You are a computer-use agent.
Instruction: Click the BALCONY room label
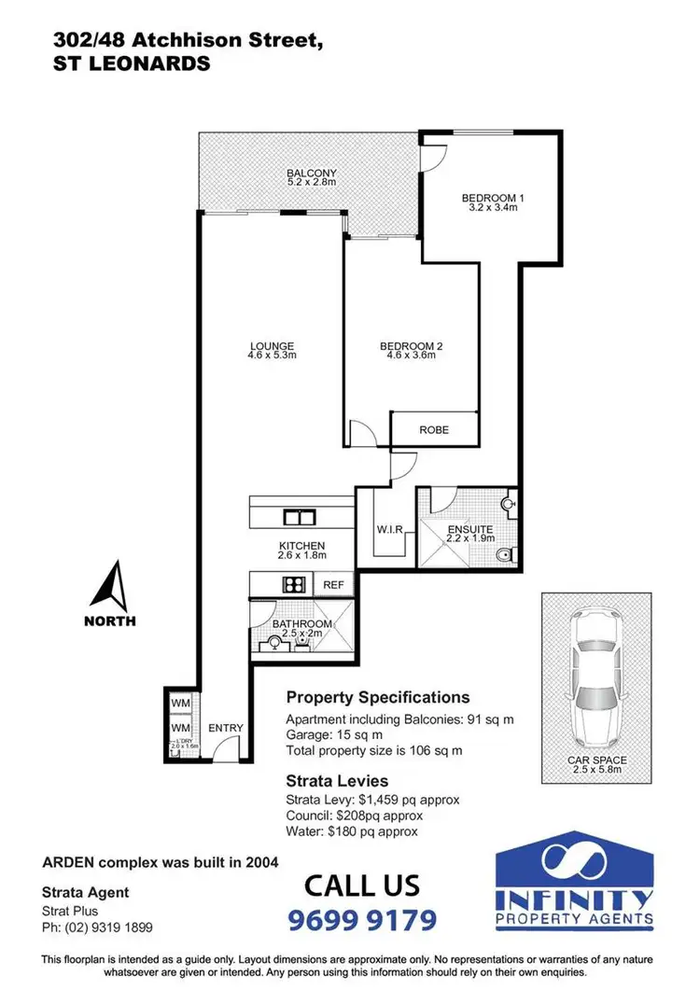pyautogui.click(x=312, y=174)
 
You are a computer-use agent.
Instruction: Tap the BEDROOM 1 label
pyautogui.click(x=494, y=198)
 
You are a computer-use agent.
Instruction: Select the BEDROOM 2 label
pyautogui.click(x=411, y=347)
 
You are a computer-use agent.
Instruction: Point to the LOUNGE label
pyautogui.click(x=272, y=347)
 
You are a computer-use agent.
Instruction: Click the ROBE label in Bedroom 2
pyautogui.click(x=434, y=430)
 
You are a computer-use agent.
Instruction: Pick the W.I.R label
pyautogui.click(x=389, y=530)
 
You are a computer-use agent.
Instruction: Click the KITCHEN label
pyautogui.click(x=301, y=546)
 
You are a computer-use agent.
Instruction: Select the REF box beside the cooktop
pyautogui.click(x=333, y=585)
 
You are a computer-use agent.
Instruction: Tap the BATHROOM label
pyautogui.click(x=301, y=623)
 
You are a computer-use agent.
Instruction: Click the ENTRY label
pyautogui.click(x=226, y=728)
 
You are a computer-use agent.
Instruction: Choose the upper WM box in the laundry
pyautogui.click(x=180, y=702)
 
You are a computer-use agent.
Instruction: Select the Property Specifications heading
pyautogui.click(x=378, y=697)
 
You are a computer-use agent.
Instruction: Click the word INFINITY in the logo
pyautogui.click(x=573, y=899)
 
